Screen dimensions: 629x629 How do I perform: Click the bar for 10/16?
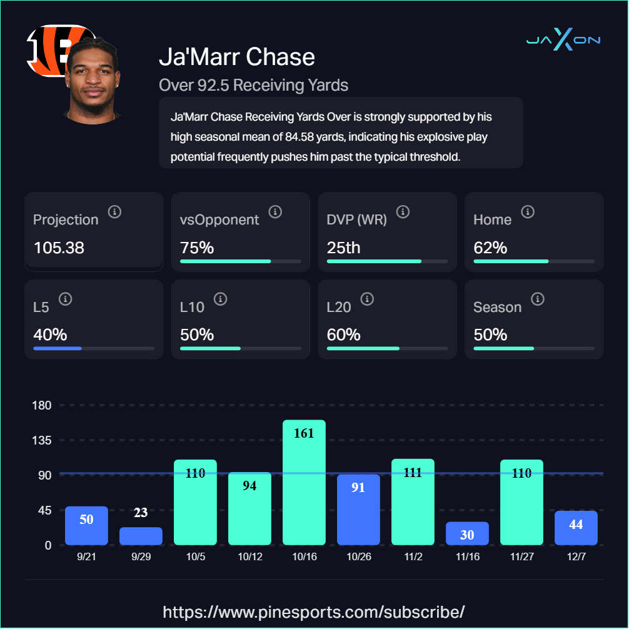tap(304, 482)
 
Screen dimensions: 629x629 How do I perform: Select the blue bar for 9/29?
tap(141, 536)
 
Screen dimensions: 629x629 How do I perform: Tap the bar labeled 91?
tap(358, 510)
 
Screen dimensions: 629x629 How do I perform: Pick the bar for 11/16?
tap(467, 533)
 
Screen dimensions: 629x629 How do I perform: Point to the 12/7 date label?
tap(576, 556)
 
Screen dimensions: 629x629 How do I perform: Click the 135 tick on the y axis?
tap(42, 440)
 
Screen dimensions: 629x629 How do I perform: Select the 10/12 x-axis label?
tap(249, 556)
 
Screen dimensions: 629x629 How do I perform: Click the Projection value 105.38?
tap(59, 248)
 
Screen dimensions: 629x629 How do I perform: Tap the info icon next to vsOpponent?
tap(275, 212)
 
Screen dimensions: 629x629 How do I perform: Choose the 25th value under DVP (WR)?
tap(343, 248)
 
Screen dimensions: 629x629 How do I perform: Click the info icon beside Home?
tap(528, 212)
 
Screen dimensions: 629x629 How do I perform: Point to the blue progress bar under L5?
tap(58, 348)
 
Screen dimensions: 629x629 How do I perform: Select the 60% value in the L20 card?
tap(343, 335)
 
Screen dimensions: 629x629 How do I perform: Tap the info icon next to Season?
tap(538, 299)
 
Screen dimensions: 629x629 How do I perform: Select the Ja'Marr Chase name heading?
tap(237, 57)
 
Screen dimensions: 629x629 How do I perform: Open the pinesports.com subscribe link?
tap(314, 611)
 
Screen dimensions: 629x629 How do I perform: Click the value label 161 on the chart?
tap(304, 433)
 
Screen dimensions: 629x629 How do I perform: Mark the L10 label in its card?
tap(192, 307)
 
